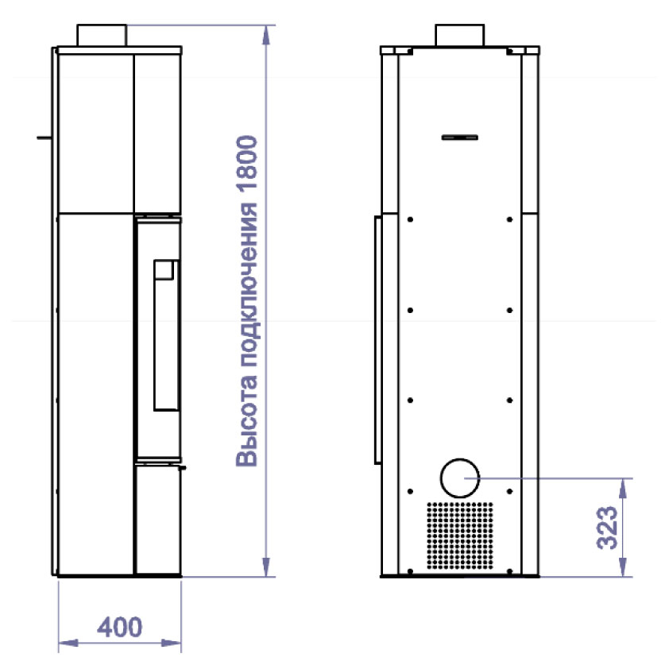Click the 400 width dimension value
click(x=119, y=627)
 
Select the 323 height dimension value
click(x=607, y=528)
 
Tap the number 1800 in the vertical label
click(x=247, y=163)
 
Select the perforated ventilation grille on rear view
click(x=460, y=536)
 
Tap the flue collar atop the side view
click(x=102, y=36)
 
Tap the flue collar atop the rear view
click(x=459, y=36)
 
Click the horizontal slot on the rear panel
click(x=459, y=137)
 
